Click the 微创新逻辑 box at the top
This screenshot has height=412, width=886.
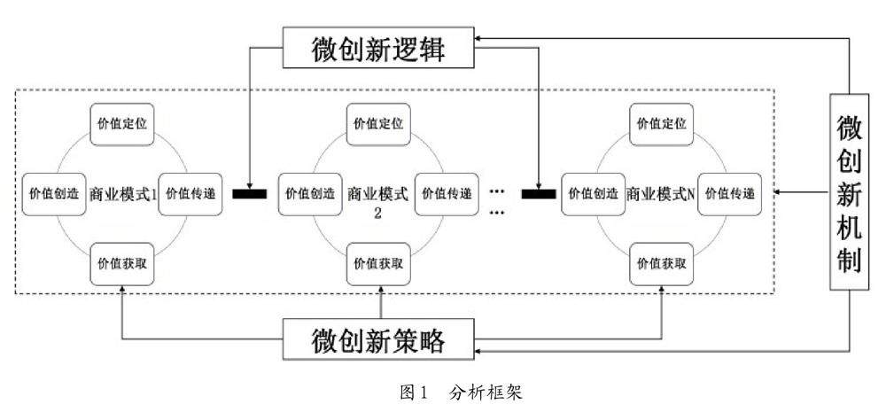point(379,48)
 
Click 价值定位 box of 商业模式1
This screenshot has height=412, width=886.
point(124,122)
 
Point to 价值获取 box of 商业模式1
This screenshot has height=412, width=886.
point(124,263)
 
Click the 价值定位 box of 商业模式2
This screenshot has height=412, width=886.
point(379,122)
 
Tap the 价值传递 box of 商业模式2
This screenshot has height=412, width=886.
point(446,193)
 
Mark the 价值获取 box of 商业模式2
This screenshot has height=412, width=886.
point(379,263)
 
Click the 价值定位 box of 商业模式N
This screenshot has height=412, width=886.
point(660,122)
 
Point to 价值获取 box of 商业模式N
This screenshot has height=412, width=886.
point(660,263)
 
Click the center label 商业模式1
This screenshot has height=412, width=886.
point(123,193)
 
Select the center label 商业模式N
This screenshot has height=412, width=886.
point(660,193)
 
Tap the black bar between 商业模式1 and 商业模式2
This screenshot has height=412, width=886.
point(249,192)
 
